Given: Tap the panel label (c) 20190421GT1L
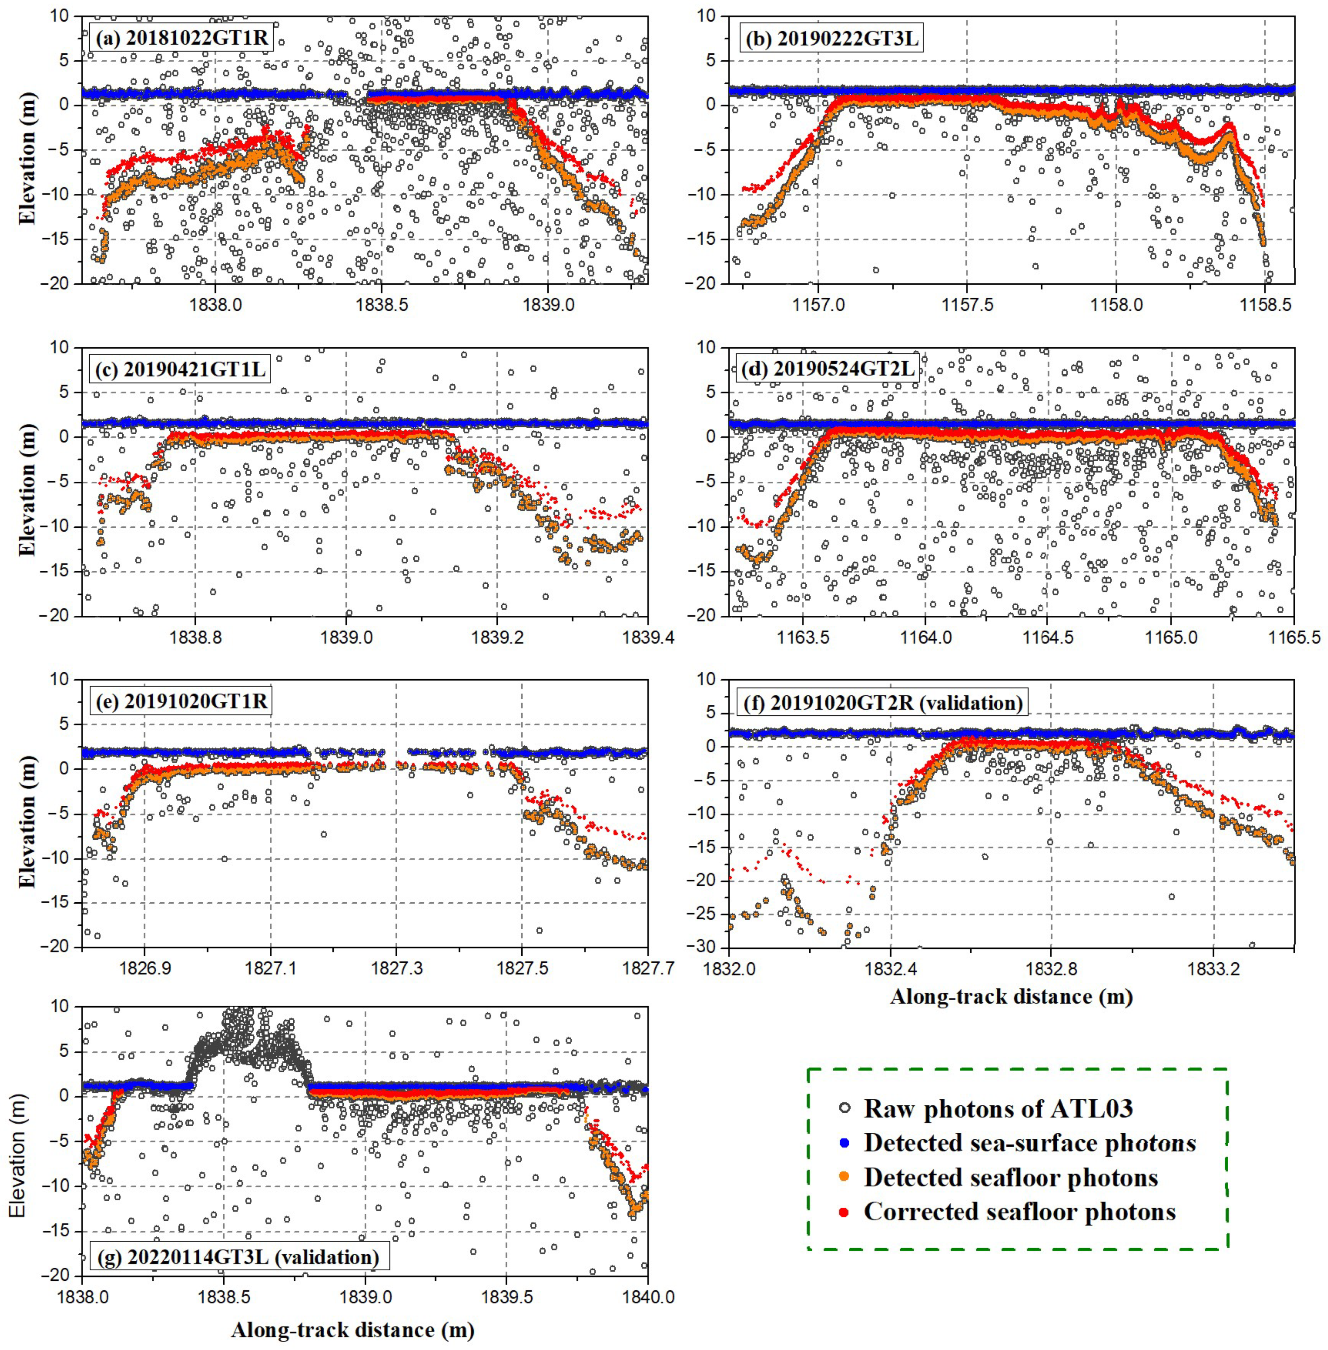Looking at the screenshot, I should point(180,370).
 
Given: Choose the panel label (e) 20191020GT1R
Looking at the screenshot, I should point(180,700).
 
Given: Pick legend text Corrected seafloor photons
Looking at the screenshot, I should point(1020,1211).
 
